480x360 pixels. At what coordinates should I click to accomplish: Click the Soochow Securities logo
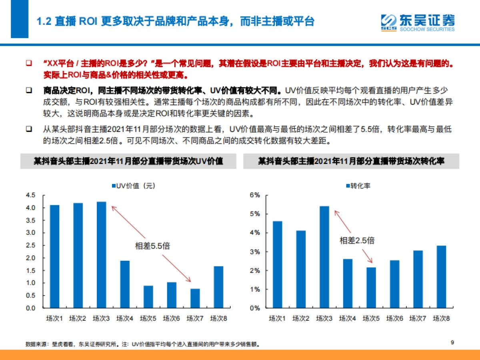[417, 23]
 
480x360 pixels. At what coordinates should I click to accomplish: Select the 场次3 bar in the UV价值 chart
[101, 255]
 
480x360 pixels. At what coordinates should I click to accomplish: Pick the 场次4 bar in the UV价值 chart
[125, 284]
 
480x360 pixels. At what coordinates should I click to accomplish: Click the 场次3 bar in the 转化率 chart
[324, 257]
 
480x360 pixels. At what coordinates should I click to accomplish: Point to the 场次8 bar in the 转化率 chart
[441, 276]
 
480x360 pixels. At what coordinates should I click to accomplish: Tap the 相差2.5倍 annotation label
[357, 240]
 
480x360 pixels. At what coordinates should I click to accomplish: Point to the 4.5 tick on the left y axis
[30, 195]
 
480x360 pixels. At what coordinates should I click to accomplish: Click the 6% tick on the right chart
[255, 195]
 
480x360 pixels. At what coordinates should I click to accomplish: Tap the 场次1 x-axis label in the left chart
[54, 318]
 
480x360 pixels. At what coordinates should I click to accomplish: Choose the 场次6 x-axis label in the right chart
[394, 318]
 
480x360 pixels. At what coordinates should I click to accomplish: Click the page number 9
[452, 342]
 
